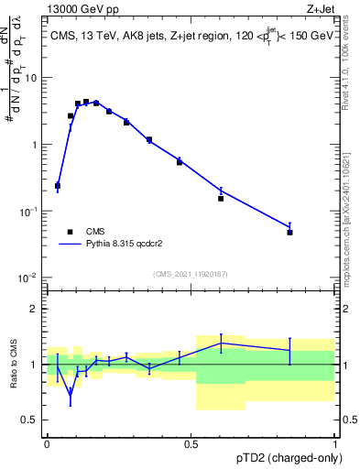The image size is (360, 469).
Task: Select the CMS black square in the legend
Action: [69, 233]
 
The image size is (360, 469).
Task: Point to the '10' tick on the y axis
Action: [31, 78]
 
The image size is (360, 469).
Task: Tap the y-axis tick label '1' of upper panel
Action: [35, 145]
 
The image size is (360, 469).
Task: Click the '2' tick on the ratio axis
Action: [35, 309]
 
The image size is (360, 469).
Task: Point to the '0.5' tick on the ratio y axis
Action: [30, 420]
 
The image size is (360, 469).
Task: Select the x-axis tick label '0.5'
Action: [191, 444]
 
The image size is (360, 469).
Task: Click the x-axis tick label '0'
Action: [47, 444]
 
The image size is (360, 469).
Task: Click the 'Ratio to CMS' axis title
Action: [13, 365]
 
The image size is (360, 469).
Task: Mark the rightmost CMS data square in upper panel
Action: [289, 233]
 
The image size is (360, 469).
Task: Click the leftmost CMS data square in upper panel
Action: [58, 186]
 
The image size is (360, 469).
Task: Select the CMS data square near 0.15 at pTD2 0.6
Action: [221, 199]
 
